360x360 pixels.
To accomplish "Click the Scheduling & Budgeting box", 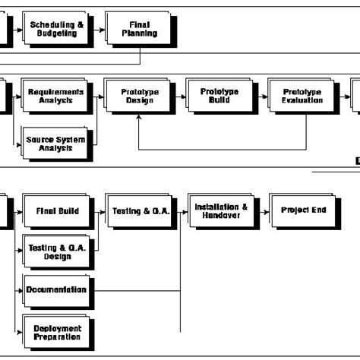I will click(57, 28).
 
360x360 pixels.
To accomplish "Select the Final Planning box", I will click(139, 29).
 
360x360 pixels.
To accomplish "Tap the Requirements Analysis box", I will click(57, 96).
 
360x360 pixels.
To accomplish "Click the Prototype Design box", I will click(139, 96).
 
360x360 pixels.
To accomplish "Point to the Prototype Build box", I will click(219, 96).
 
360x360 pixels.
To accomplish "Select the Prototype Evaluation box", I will click(302, 96).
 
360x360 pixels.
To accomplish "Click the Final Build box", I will click(56, 211).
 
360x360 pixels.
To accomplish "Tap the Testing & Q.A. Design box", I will click(56, 252).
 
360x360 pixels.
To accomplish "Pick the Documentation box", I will click(55, 289).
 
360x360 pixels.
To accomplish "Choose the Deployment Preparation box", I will click(56, 333).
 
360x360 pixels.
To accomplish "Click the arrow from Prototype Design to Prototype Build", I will click(179, 96).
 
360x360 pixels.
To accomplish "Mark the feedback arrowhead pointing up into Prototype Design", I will click(139, 120).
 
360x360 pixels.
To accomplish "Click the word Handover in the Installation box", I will click(221, 216).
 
